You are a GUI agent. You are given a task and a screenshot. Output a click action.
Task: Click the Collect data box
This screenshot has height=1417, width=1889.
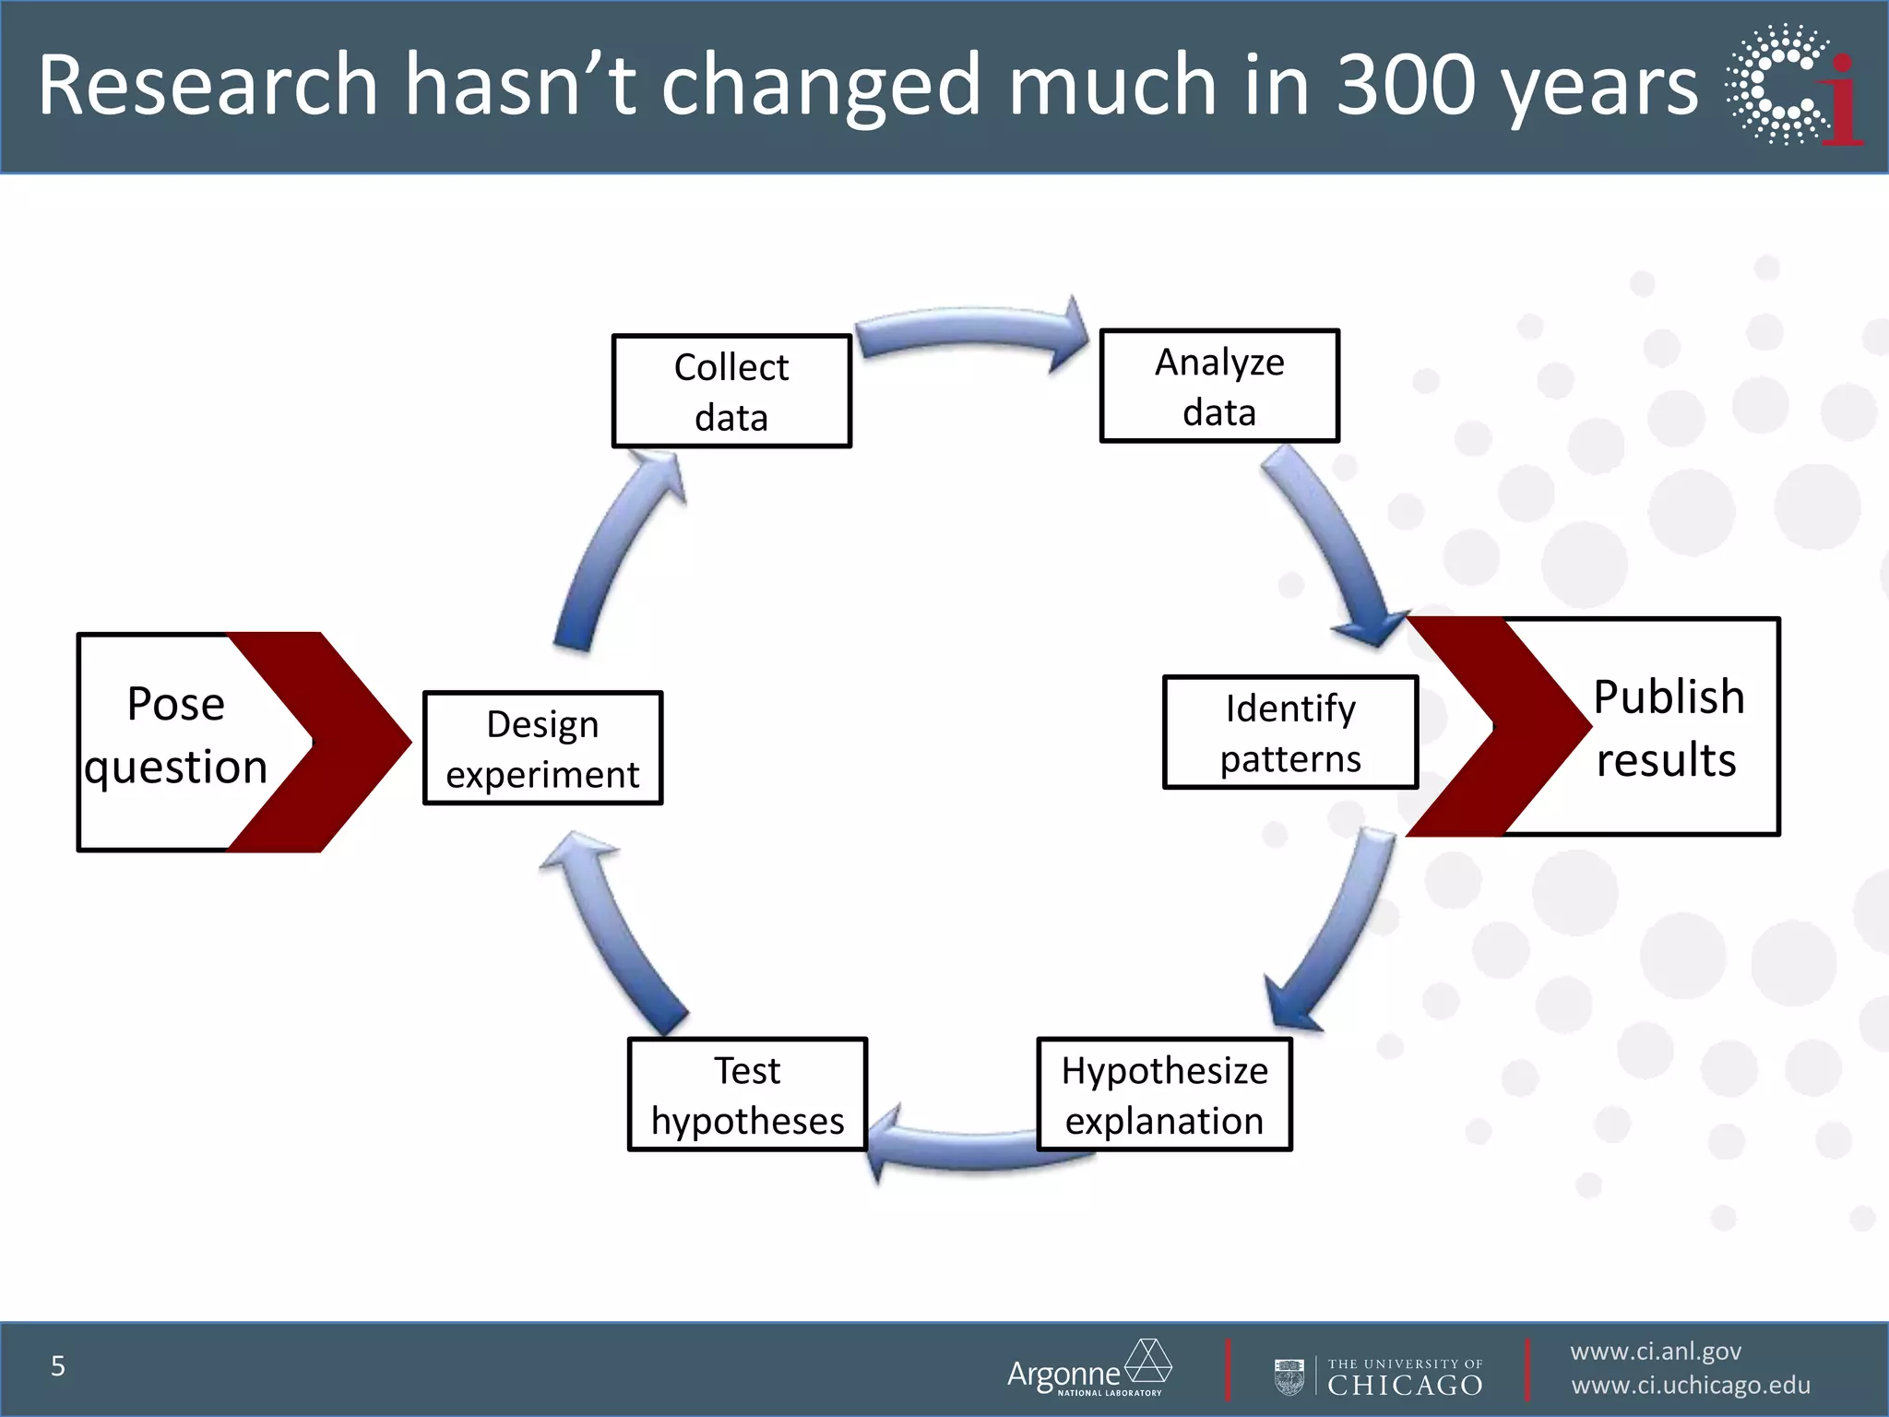tap(731, 391)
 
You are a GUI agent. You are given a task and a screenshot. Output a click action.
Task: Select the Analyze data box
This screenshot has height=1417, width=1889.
tap(1219, 386)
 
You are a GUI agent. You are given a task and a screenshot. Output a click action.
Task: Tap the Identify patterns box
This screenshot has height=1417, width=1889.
tap(1290, 732)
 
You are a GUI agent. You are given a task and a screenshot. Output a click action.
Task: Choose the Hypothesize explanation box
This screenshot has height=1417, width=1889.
tap(1164, 1095)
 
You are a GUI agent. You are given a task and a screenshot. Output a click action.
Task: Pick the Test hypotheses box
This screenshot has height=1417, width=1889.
tap(747, 1095)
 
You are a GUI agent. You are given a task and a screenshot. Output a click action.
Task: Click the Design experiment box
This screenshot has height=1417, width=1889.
tap(542, 748)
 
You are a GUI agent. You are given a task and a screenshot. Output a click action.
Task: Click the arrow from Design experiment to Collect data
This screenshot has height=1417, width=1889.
tap(613, 554)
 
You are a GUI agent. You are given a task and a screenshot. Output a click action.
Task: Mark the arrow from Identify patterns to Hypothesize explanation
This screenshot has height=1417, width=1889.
tap(1337, 932)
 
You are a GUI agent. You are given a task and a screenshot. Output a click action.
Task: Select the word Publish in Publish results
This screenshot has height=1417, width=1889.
tap(1669, 697)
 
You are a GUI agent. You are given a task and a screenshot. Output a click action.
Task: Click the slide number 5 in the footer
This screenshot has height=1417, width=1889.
tap(58, 1366)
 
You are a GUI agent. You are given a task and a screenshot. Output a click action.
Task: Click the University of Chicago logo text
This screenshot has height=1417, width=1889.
tap(1404, 1378)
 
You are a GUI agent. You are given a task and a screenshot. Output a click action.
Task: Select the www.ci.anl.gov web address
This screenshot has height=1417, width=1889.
tap(1656, 1352)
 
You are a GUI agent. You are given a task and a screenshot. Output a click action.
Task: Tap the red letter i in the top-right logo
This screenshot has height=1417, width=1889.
tap(1843, 101)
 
